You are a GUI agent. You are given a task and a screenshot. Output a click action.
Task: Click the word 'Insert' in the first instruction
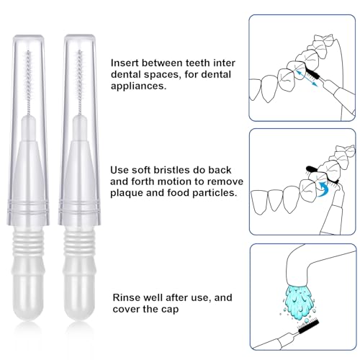pos(125,63)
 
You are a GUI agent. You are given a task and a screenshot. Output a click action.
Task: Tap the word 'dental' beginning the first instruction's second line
pos(127,75)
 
